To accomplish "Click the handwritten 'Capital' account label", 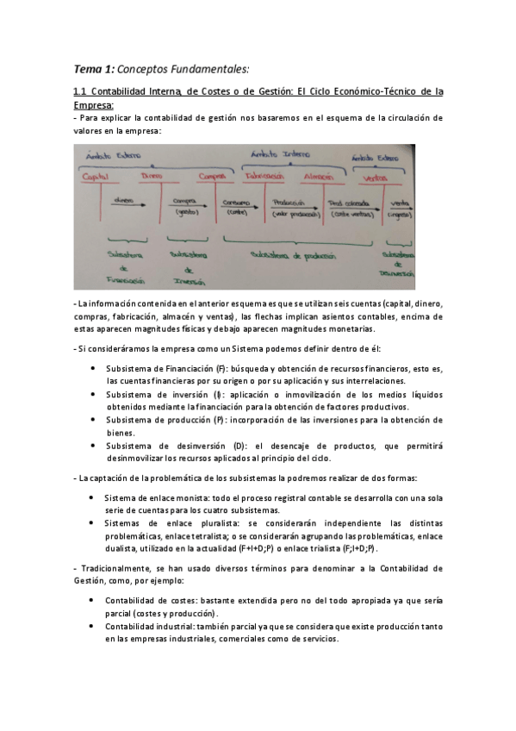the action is (96, 176).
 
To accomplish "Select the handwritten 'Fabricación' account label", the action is (264, 174).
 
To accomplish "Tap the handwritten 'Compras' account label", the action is (212, 176).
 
